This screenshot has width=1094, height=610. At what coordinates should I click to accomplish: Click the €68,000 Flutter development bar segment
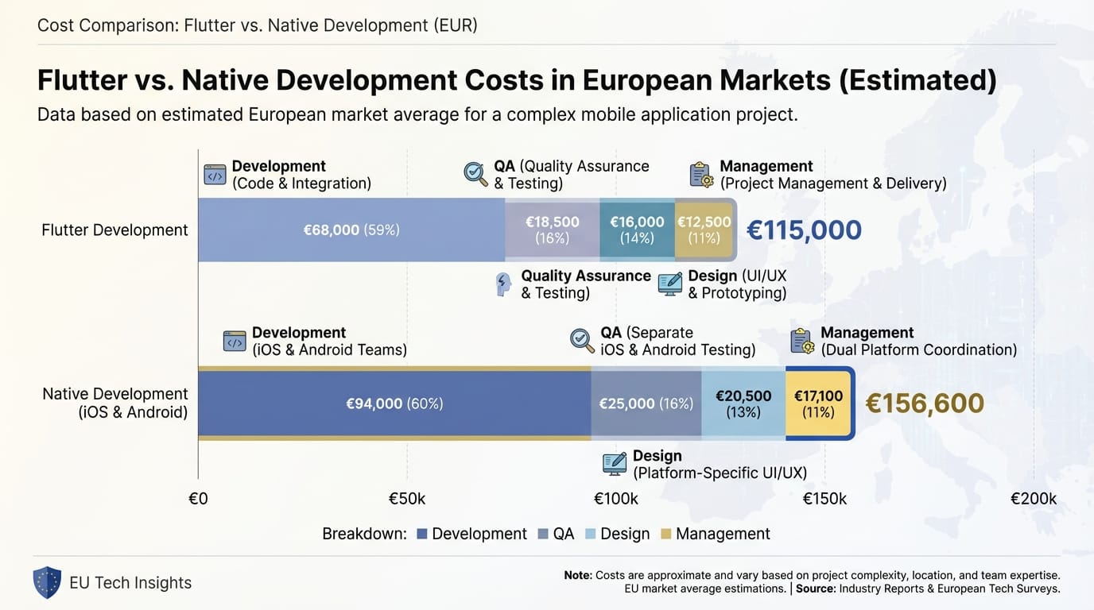tap(351, 230)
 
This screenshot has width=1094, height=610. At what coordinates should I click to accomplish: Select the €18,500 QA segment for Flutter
tap(552, 230)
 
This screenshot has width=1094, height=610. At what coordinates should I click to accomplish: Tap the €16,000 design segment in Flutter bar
tap(637, 230)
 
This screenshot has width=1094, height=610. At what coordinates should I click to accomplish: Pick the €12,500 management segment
tap(704, 230)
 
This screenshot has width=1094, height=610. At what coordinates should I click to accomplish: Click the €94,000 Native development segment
tap(394, 403)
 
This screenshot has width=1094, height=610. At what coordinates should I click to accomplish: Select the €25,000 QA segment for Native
tap(646, 403)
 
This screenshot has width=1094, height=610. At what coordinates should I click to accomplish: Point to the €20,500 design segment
tap(743, 403)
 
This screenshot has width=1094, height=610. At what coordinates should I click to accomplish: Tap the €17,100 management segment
tap(818, 403)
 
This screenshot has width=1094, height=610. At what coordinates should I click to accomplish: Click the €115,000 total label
tap(804, 230)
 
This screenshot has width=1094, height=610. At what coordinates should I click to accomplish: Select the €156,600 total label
tap(924, 403)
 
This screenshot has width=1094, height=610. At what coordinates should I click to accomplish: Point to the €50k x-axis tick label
tap(407, 499)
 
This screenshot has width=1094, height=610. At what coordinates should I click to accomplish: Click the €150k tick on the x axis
tap(824, 499)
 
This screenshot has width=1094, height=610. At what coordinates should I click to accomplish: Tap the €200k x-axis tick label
tap(1033, 499)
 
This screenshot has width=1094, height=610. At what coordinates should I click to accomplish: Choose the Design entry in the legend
tap(617, 534)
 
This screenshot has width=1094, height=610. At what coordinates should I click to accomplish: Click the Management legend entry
tap(715, 534)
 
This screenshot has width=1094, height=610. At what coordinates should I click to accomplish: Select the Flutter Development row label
tap(114, 230)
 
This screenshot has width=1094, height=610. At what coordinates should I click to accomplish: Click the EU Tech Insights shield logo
tap(47, 582)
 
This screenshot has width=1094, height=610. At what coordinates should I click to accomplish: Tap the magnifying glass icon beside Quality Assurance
tap(476, 174)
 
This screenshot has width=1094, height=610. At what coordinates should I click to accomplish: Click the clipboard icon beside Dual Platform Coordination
tap(802, 341)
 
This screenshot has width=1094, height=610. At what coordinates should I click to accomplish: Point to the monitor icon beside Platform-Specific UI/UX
tap(614, 464)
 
